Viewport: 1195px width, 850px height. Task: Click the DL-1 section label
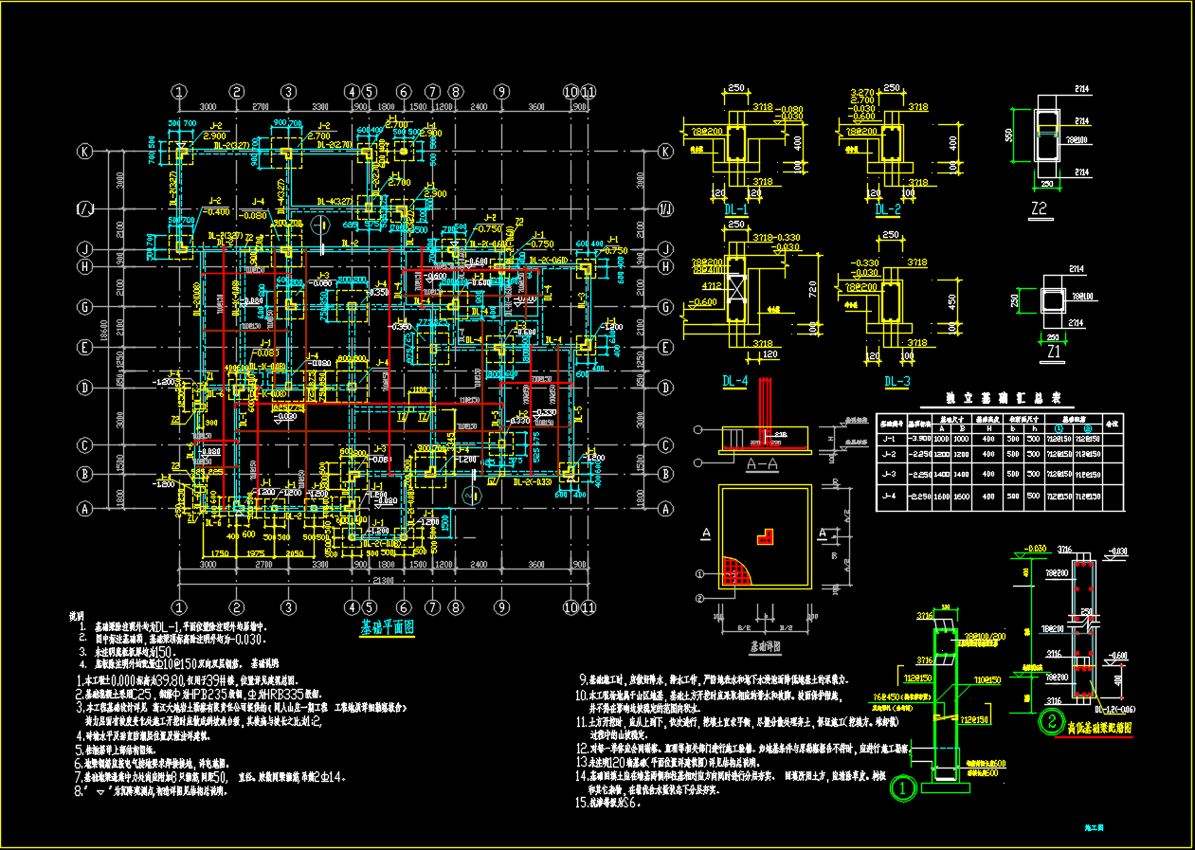(735, 209)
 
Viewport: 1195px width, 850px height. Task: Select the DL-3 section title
(896, 381)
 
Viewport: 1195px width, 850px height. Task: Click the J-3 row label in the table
(890, 473)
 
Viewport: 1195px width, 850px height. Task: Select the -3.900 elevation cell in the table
(918, 439)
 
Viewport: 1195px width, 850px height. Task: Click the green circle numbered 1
(905, 787)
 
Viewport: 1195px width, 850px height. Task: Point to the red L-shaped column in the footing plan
(763, 536)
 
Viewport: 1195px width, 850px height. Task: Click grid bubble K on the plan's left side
(85, 152)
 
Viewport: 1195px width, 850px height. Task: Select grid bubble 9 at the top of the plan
(501, 92)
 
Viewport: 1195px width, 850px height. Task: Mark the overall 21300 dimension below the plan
(383, 579)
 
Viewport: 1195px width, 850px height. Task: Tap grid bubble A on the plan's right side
(666, 509)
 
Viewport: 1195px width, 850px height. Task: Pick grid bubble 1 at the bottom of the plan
(178, 606)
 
